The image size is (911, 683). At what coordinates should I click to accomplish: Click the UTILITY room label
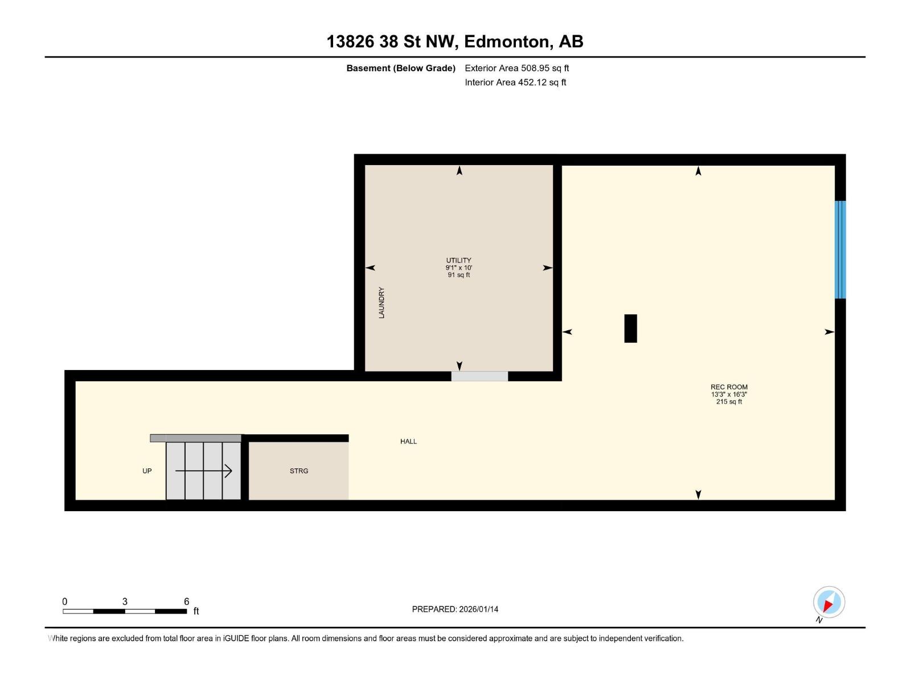coord(458,260)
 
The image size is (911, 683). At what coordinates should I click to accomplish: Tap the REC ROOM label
coord(729,387)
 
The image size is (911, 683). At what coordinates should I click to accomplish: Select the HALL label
coord(408,442)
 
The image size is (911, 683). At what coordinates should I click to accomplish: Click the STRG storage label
coord(299,471)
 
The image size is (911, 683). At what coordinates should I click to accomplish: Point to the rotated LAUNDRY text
coord(381,303)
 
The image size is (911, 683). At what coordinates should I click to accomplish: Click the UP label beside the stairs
coord(147,471)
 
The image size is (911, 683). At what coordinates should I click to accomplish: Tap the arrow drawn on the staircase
coord(203,471)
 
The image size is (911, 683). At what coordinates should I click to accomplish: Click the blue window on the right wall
coord(840,249)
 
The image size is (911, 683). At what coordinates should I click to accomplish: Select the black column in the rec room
coord(630,328)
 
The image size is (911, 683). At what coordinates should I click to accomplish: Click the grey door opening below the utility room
coord(479,376)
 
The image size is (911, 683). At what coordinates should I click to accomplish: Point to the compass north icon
coord(828,602)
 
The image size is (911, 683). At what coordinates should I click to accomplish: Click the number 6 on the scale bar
coord(186,602)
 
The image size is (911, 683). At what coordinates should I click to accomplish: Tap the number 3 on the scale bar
coord(125,602)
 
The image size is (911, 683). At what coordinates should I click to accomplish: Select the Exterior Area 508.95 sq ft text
coord(516,68)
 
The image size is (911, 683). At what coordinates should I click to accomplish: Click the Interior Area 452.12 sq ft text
coord(515,83)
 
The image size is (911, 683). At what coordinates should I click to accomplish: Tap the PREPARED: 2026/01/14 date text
coord(455,609)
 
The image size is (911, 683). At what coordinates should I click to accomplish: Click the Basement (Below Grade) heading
coord(401,68)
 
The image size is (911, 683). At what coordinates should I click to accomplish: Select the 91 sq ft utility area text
coord(459,275)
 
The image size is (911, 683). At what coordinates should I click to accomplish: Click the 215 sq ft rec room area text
coord(729,402)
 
